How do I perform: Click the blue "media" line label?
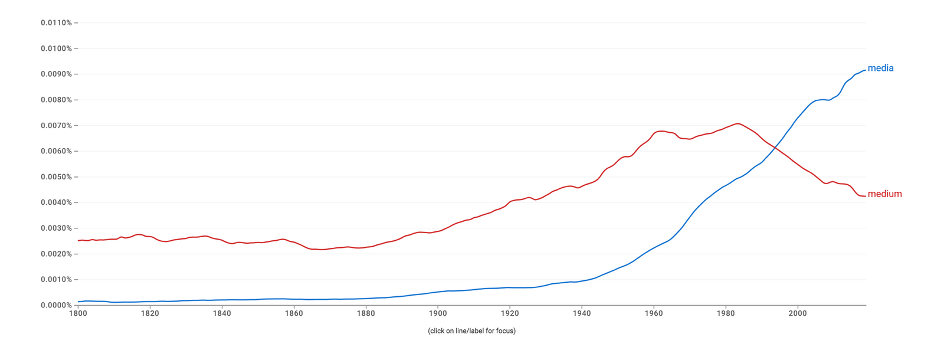coord(880,68)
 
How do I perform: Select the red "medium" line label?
coord(884,194)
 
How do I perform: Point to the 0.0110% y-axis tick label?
coord(56,23)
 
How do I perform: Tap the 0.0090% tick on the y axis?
coord(56,74)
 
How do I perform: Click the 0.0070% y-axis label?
coord(56,126)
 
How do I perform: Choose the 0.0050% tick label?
coord(56,177)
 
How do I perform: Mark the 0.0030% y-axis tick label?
coord(56,228)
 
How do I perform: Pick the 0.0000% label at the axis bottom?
coord(56,305)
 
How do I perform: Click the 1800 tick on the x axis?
coord(78,313)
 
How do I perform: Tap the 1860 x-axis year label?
coord(294,313)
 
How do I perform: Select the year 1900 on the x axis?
coord(438,313)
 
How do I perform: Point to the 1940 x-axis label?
coord(582,313)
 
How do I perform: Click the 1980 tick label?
coord(726,313)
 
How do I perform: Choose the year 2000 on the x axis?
coord(798,313)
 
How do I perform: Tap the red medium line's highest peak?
coord(737,123)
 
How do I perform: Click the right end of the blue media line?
coord(866,70)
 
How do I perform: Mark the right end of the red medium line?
coord(866,196)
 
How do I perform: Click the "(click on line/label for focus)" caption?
coord(471,331)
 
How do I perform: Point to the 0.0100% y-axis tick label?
coord(56,48)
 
